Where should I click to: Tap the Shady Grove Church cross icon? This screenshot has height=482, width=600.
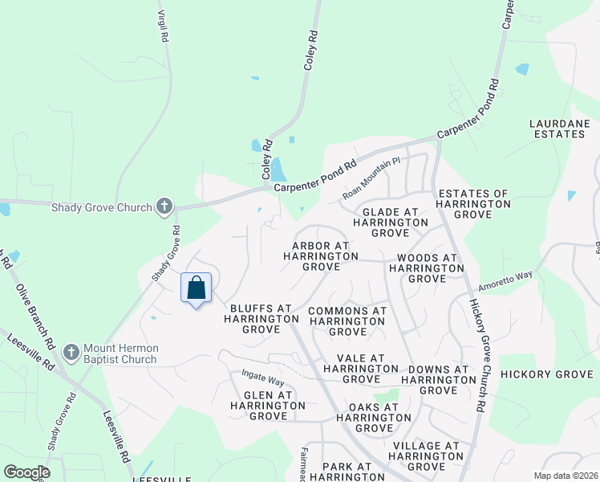coord(164,207)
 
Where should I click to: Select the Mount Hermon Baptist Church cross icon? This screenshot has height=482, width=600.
coord(71,353)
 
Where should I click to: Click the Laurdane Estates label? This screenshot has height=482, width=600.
coord(559,129)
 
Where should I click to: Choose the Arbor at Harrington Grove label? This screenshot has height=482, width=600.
coord(321,255)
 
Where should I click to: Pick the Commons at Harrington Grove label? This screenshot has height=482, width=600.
coord(347,321)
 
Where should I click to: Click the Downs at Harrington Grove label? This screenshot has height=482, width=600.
coord(438,379)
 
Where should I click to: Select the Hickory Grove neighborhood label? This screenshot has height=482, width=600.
coord(545,374)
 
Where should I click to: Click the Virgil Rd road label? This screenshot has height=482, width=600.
coord(163,27)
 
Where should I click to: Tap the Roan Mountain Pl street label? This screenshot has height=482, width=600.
coord(371,178)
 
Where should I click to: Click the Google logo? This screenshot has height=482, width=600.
coord(26,472)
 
